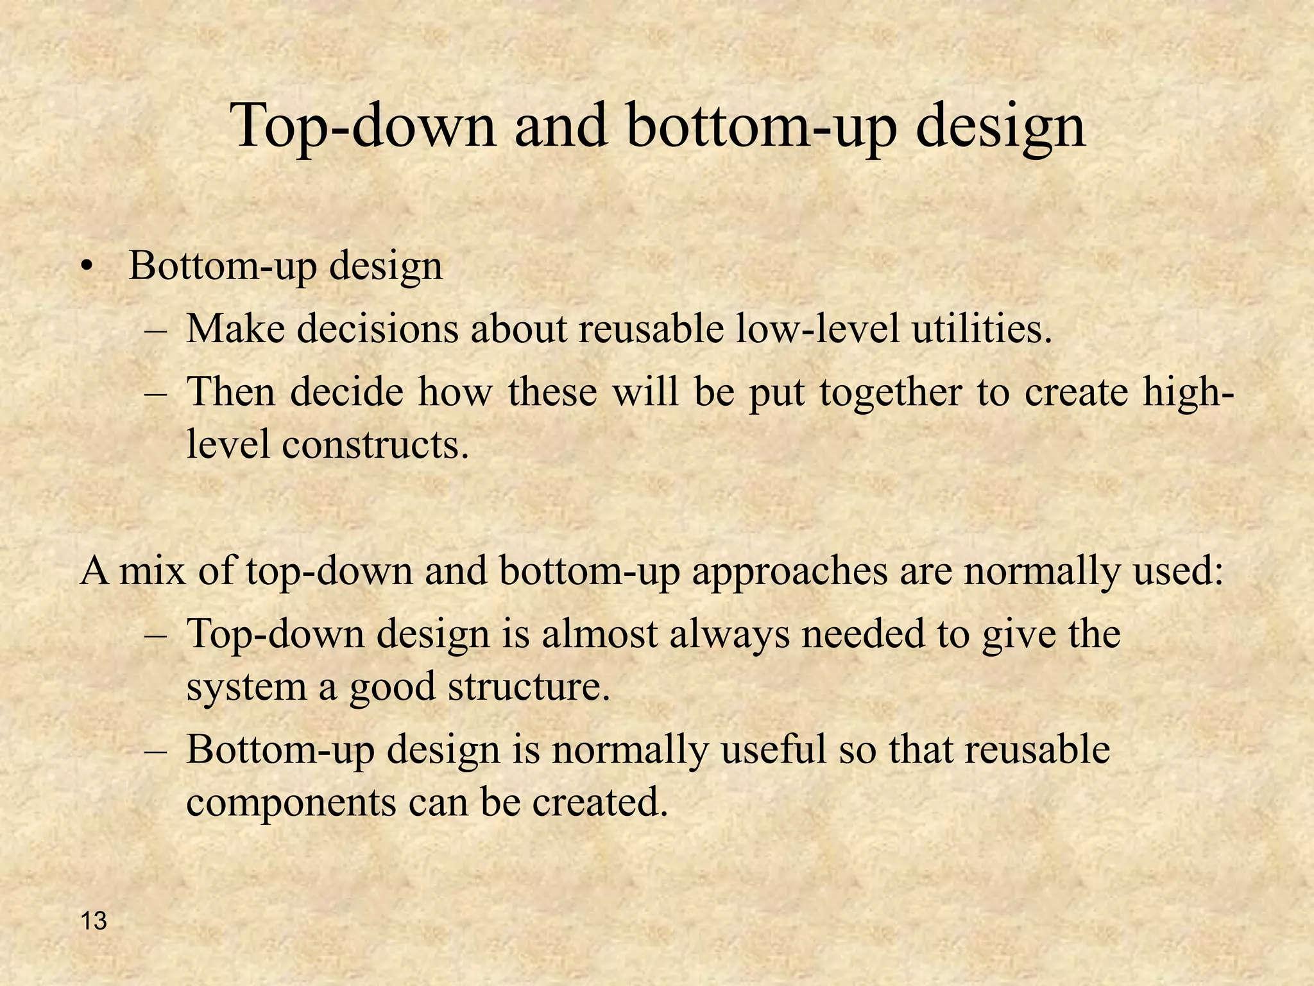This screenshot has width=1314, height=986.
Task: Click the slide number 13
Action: tap(94, 921)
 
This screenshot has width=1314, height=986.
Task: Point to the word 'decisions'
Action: tap(378, 329)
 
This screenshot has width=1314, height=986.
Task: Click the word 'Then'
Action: tap(230, 392)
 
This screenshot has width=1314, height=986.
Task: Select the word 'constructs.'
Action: tap(375, 444)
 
